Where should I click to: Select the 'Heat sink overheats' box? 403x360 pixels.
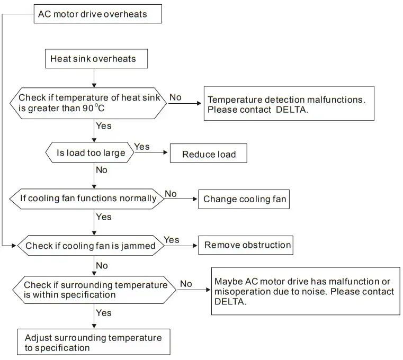(x=93, y=59)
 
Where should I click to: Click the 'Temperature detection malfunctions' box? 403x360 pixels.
(x=289, y=104)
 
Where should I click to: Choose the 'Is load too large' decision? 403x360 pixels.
(x=91, y=154)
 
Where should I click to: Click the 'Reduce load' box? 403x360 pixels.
(x=208, y=155)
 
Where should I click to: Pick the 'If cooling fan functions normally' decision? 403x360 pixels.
(x=88, y=199)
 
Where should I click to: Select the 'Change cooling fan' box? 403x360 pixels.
(x=245, y=199)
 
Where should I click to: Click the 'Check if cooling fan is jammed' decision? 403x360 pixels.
(x=90, y=246)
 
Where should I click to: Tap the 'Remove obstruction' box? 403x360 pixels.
(x=247, y=245)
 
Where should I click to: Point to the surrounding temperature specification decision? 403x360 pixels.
(x=95, y=290)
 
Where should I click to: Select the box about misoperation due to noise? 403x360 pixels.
(x=305, y=291)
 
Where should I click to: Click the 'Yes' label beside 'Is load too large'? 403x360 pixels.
(x=141, y=146)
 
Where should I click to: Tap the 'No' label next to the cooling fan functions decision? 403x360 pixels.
(x=171, y=194)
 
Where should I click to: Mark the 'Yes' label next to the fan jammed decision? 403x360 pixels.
(x=171, y=240)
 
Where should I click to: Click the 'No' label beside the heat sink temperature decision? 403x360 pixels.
(x=175, y=97)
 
